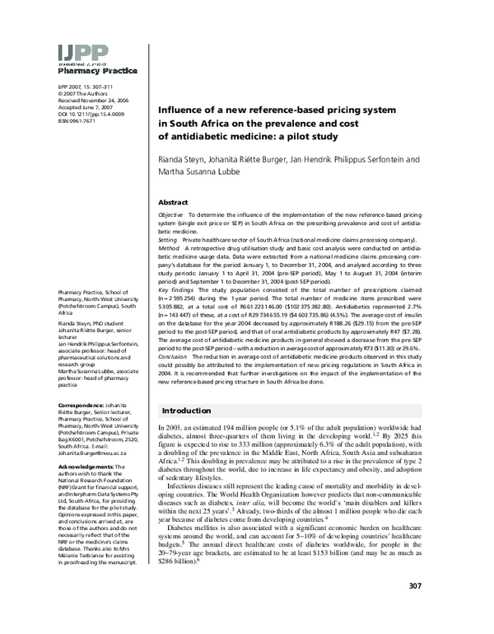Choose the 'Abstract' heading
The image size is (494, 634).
[x=174, y=200]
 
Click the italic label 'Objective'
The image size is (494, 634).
[x=170, y=214]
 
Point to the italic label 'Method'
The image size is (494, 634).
[x=168, y=247]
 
